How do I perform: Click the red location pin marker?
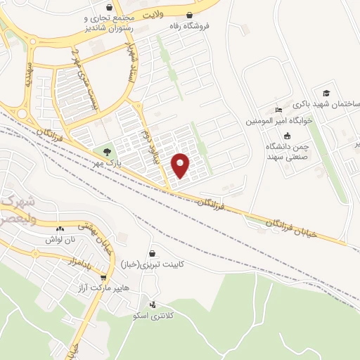(x=181, y=165)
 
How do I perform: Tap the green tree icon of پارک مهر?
(x=107, y=151)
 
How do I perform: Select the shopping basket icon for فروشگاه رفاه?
(x=188, y=15)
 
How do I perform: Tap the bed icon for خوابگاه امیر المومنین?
(x=278, y=110)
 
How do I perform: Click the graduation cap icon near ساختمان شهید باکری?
(x=326, y=93)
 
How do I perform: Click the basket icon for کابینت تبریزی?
(x=153, y=253)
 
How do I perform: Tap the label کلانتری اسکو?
(x=154, y=316)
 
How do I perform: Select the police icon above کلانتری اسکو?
(x=153, y=304)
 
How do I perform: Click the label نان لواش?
(x=59, y=239)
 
